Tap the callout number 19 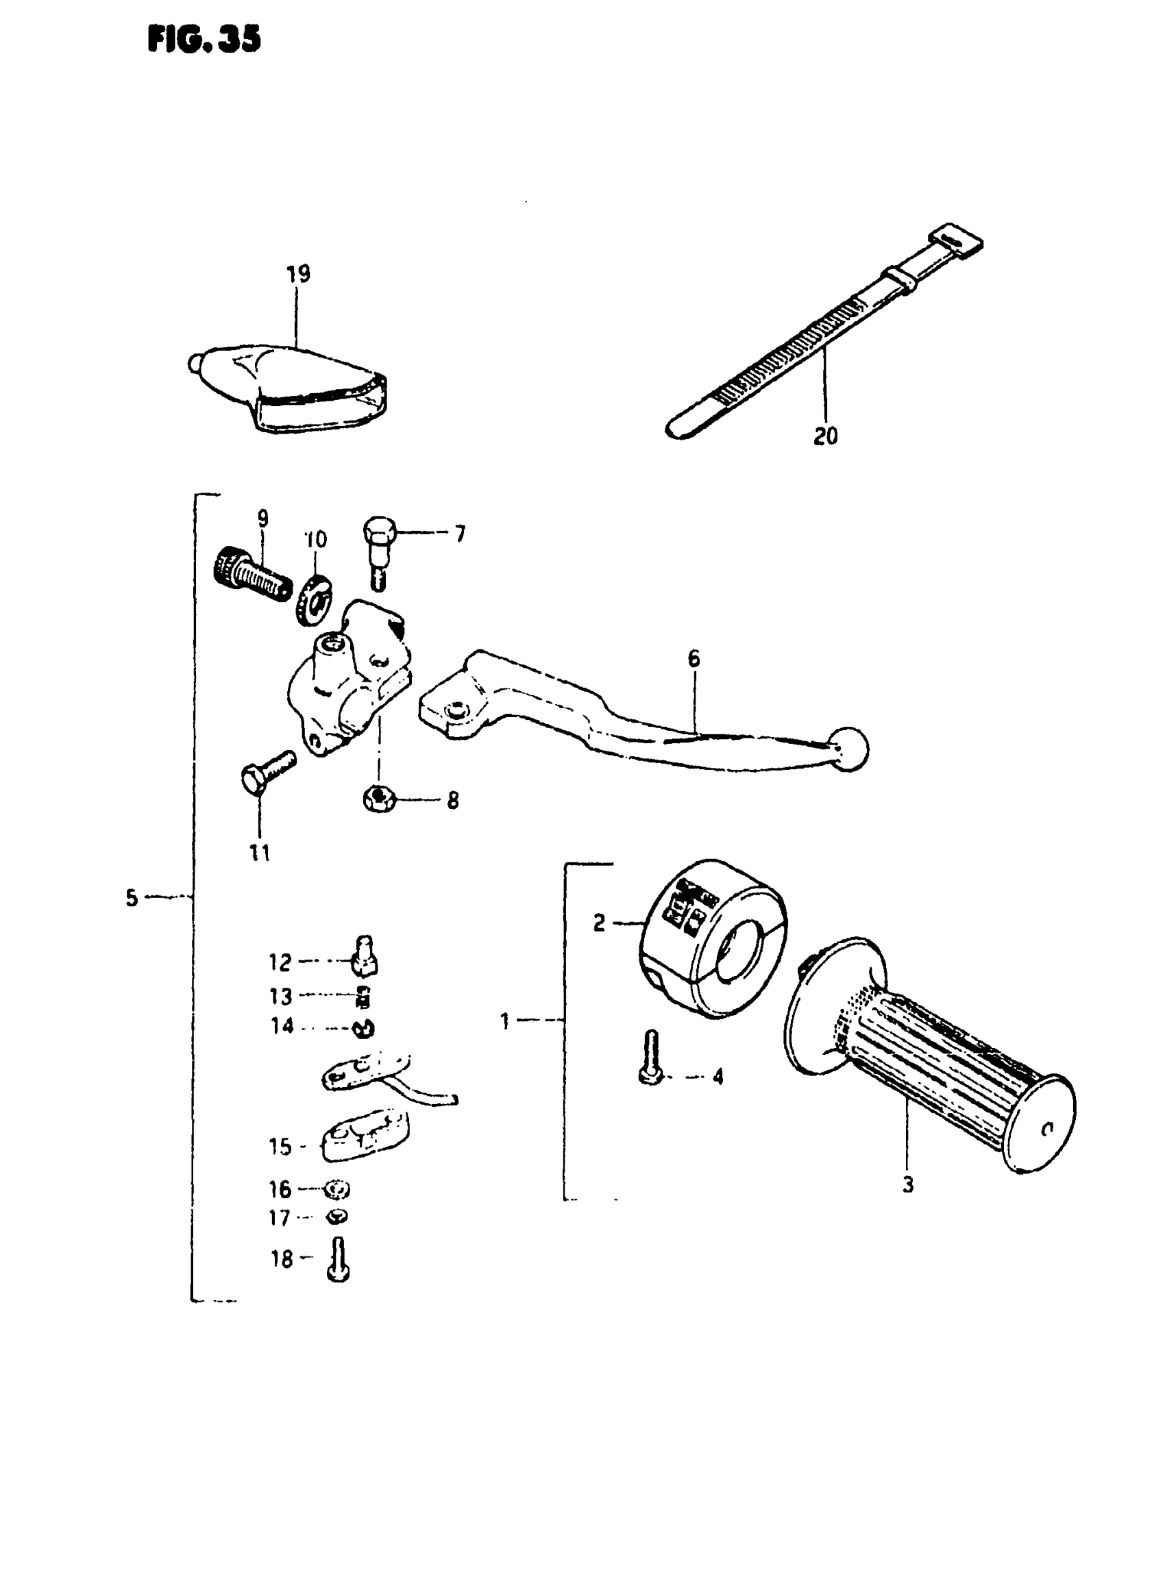(x=298, y=273)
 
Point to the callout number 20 (x=826, y=436)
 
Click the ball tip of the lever (x=848, y=749)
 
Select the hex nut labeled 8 (x=378, y=799)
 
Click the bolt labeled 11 (x=267, y=770)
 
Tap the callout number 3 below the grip (x=907, y=1185)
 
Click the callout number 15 (x=280, y=1147)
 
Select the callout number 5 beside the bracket (x=132, y=898)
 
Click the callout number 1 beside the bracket (x=504, y=1020)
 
